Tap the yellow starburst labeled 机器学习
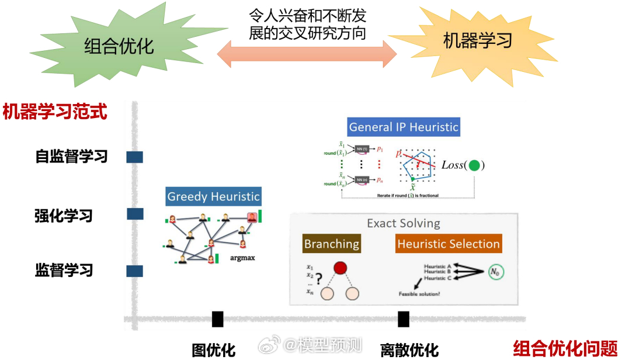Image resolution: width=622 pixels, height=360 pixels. point(478,41)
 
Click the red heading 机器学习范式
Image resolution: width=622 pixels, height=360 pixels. point(55,111)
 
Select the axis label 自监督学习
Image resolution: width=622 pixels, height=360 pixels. point(71,157)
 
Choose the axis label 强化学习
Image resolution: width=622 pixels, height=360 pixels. point(64,216)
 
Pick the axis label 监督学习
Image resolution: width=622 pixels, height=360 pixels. point(64,271)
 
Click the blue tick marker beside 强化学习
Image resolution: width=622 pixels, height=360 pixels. point(135,214)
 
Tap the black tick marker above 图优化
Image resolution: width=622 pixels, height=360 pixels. point(217,319)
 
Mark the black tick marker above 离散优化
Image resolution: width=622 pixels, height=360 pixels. point(403,319)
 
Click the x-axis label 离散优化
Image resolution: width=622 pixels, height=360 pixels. point(409,350)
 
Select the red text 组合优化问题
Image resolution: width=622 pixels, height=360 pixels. point(565,348)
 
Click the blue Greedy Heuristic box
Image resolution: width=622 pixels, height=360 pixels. point(213,196)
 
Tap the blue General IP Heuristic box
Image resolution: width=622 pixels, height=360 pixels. point(404,127)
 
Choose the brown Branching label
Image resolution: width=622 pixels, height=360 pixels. point(331,244)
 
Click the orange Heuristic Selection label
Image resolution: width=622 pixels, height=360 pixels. point(448,244)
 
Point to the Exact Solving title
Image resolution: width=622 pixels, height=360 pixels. point(403,223)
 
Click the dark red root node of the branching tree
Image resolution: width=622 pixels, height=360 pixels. point(340,269)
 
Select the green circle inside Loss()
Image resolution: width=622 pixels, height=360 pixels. point(474,165)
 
